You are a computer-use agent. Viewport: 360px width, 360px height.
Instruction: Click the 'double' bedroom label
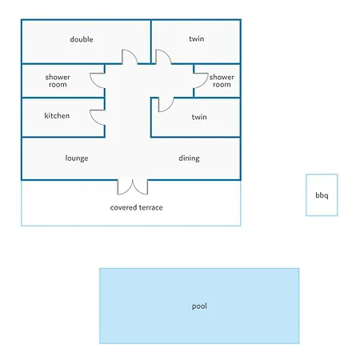pos(82,39)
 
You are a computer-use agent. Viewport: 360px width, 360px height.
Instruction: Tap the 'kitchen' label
pos(57,115)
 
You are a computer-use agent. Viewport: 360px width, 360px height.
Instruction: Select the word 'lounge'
pos(77,158)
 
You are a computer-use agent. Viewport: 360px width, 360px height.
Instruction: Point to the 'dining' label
pos(189,158)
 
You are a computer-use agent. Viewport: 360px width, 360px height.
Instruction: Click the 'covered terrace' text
pos(136,207)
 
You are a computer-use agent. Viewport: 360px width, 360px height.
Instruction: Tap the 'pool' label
pos(199,306)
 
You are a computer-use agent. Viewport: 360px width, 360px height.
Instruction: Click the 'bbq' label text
pos(322,195)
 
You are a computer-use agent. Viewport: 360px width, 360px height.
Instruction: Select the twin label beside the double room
pos(197,38)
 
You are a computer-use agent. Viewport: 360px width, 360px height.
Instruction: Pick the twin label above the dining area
pos(199,117)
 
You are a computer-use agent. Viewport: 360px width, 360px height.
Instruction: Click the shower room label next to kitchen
pos(58,81)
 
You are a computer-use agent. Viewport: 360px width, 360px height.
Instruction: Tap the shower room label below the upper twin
pos(222,81)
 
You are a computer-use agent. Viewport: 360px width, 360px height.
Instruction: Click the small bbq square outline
pos(306,195)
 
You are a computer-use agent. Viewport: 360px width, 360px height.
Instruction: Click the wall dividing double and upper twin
pos(151,42)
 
